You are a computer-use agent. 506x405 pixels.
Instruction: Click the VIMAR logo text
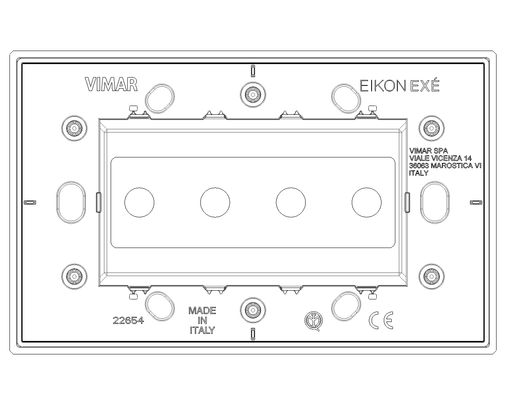pos(111,85)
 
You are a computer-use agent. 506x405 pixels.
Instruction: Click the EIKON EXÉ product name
pos(400,85)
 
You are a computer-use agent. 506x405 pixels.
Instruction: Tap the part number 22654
pos(128,320)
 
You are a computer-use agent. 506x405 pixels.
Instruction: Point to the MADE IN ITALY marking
pos(202,320)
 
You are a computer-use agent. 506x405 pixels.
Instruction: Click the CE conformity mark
pos(381,320)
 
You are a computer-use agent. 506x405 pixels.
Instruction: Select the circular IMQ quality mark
pos(313,321)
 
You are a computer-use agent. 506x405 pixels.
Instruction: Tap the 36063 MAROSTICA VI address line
pos(446,166)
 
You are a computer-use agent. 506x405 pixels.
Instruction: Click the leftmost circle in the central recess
pos(140,202)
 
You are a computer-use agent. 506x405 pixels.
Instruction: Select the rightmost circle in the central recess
pos(366,202)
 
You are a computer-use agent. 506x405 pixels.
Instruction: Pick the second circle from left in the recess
pos(215,202)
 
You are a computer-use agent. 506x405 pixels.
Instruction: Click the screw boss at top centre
pos(253,95)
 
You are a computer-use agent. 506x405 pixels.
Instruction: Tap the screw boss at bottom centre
pos(253,310)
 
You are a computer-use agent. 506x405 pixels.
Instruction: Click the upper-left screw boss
pos(74,129)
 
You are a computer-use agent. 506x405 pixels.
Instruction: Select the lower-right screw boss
pos(432,276)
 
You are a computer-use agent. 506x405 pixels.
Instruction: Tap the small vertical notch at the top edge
pos(253,71)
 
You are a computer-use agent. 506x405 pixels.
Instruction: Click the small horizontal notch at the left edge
pos(30,202)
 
